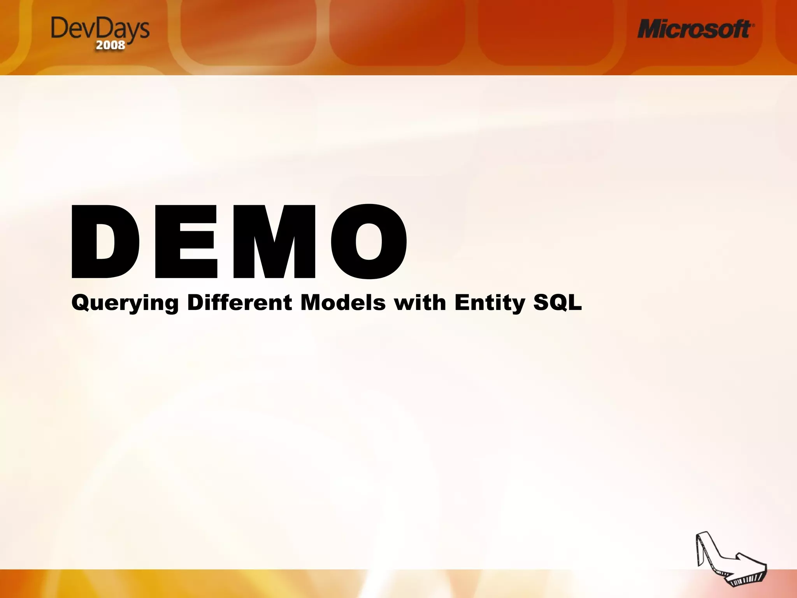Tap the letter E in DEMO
click(186, 241)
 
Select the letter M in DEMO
click(274, 241)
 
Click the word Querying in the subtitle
click(125, 303)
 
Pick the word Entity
click(490, 303)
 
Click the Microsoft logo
click(695, 29)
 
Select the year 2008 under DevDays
click(111, 45)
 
